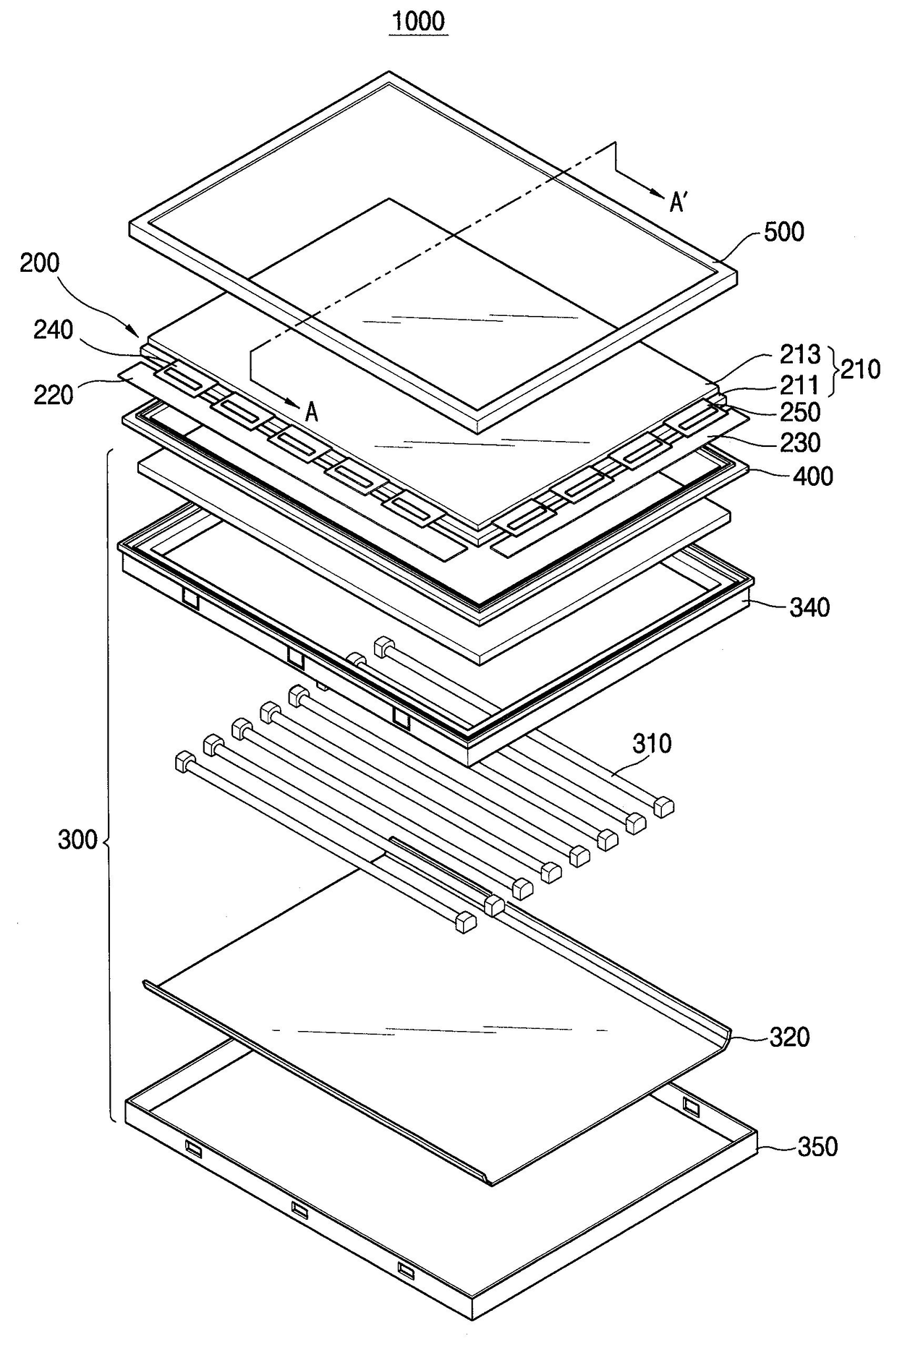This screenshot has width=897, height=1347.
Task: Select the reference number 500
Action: tap(783, 232)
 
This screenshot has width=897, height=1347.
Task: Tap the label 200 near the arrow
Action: tap(40, 263)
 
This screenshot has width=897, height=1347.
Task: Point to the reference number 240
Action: tap(54, 330)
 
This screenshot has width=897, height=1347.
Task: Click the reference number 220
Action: tap(54, 395)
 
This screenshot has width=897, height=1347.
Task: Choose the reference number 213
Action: tap(799, 354)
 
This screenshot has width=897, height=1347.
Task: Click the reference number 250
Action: tap(799, 412)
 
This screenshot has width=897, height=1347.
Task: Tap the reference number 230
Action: tap(799, 442)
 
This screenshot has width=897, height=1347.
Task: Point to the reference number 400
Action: tap(812, 476)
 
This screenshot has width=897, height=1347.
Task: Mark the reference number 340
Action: tap(809, 607)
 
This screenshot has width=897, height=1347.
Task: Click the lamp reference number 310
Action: tap(652, 743)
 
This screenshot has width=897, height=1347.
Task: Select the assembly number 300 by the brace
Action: tap(77, 840)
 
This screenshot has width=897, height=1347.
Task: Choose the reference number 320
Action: tap(789, 1038)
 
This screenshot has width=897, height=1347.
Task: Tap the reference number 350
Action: tap(817, 1147)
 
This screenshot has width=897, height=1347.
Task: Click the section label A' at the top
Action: tap(678, 203)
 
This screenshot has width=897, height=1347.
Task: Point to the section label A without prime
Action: tap(312, 412)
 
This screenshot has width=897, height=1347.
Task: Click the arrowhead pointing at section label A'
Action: tap(658, 193)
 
